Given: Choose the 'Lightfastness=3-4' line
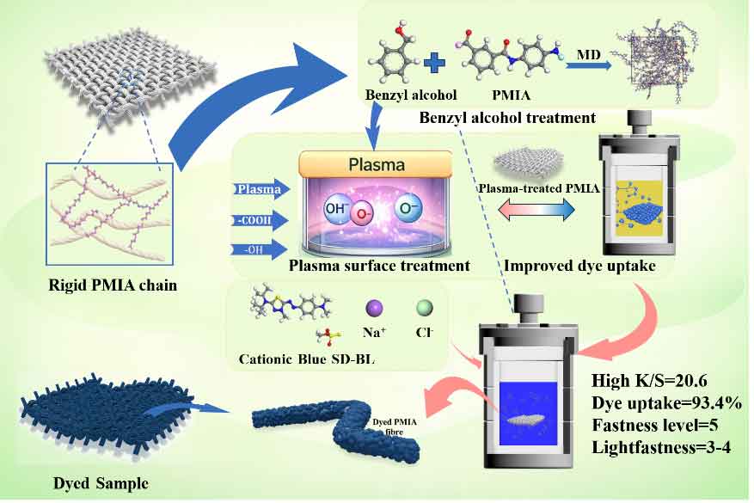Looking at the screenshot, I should click(661, 448).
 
